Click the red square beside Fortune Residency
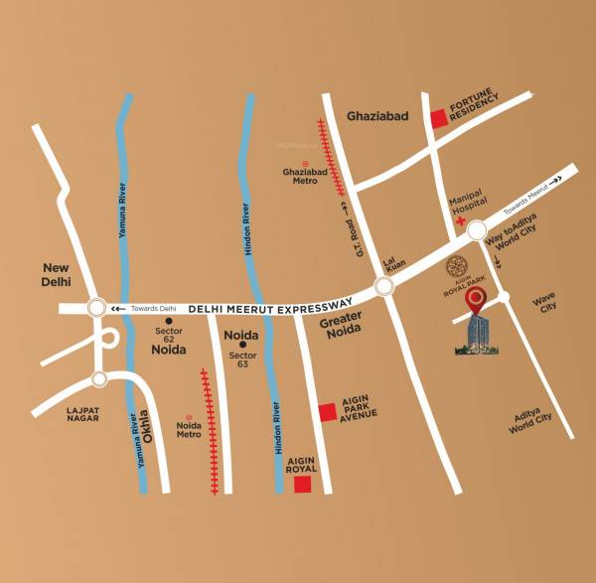[x=438, y=119]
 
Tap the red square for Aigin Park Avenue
[x=326, y=412]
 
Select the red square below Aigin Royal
[x=303, y=485]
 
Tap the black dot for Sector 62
[x=169, y=322]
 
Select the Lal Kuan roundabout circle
[x=383, y=288]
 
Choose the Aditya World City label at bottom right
[x=529, y=421]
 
